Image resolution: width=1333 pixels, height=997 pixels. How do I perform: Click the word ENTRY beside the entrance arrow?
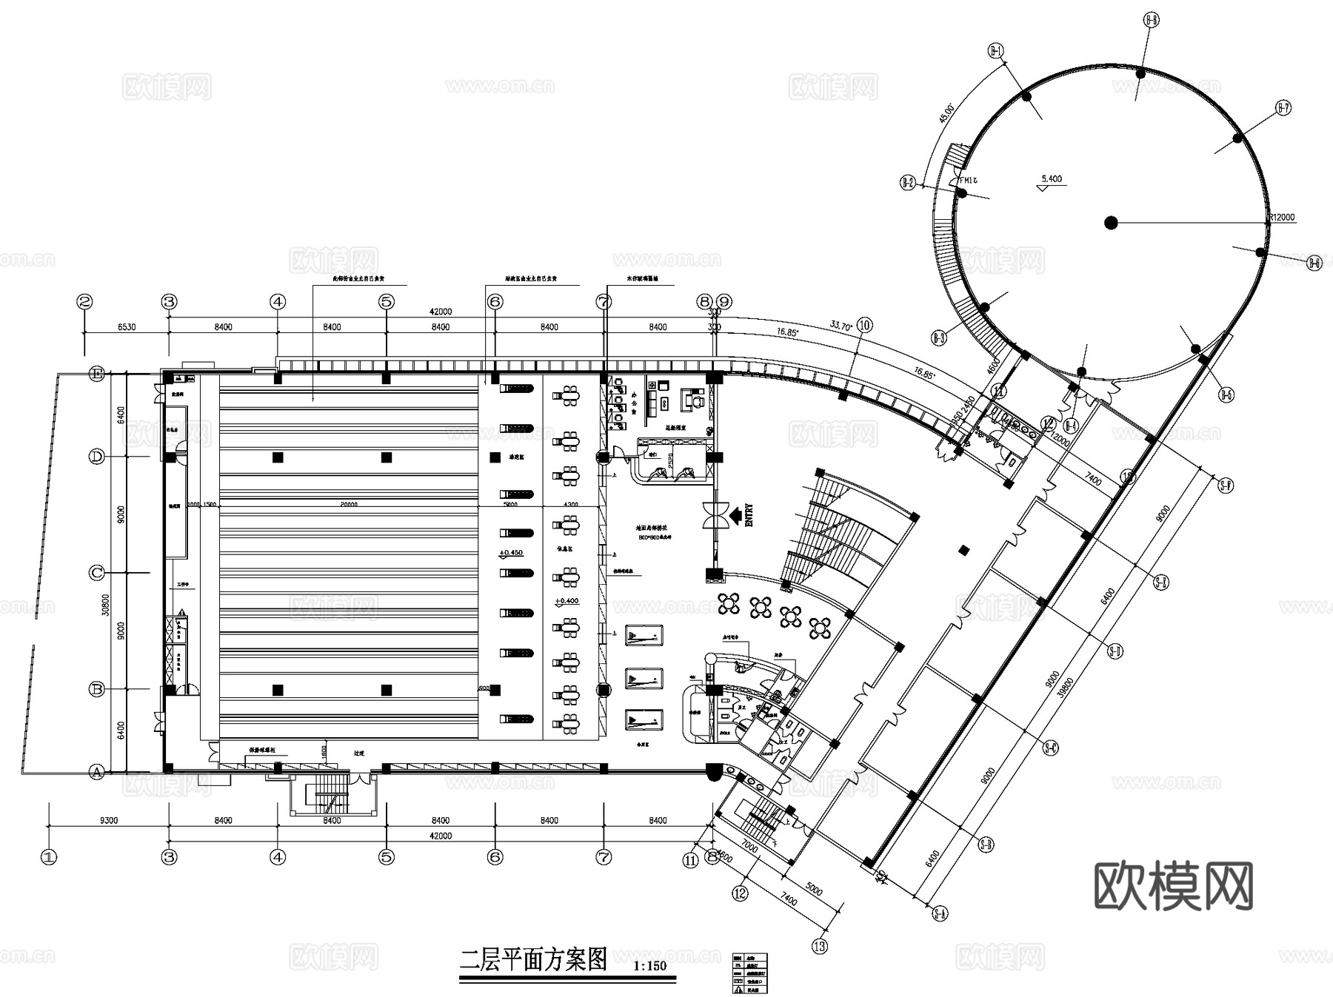(749, 515)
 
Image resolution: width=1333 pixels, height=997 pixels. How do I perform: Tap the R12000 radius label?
(1282, 218)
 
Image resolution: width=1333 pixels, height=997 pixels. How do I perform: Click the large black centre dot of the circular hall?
(1110, 222)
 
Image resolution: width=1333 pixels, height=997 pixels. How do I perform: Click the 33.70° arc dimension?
(841, 325)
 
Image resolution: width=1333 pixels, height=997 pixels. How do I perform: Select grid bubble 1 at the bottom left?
(49, 857)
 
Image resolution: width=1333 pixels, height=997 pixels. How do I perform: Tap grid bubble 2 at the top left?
(85, 302)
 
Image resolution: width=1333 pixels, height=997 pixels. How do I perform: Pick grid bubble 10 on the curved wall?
(864, 325)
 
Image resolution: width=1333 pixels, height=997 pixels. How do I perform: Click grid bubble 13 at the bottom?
(820, 946)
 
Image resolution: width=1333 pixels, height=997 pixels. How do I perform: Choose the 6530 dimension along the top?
(127, 327)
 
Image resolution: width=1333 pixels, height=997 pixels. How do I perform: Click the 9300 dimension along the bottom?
(109, 820)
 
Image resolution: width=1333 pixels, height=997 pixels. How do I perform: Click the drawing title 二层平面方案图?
(533, 960)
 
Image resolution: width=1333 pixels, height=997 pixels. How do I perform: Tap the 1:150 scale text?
(650, 965)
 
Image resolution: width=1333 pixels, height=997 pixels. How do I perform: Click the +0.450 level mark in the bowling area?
(511, 553)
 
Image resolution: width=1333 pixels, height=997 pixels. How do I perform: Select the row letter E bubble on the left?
(97, 374)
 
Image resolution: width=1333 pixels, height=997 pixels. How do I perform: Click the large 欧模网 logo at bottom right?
(1174, 886)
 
